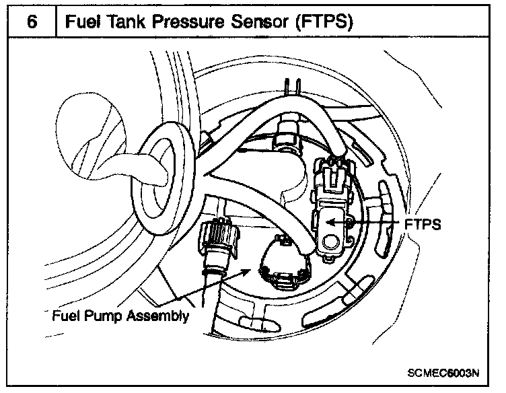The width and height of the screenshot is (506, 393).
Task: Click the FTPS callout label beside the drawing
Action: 423,224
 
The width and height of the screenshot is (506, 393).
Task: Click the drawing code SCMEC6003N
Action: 443,372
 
